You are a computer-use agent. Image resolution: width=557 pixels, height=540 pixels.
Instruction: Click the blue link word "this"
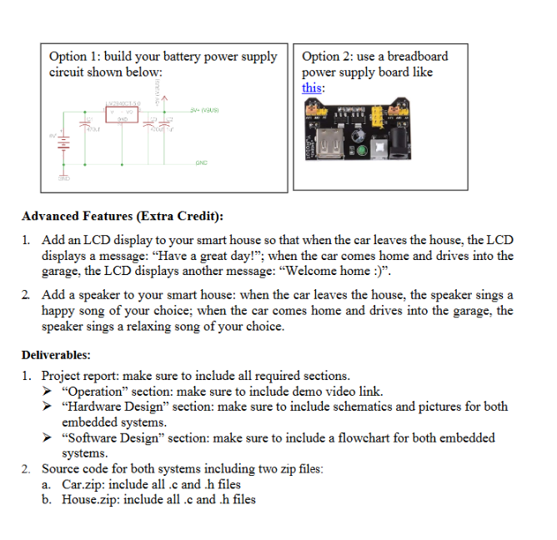point(313,87)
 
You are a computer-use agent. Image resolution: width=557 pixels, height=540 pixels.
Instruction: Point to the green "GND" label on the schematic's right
point(200,164)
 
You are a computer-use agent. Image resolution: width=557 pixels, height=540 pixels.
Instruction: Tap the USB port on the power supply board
point(326,145)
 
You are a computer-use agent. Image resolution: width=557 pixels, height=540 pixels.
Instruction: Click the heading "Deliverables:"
point(56,354)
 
